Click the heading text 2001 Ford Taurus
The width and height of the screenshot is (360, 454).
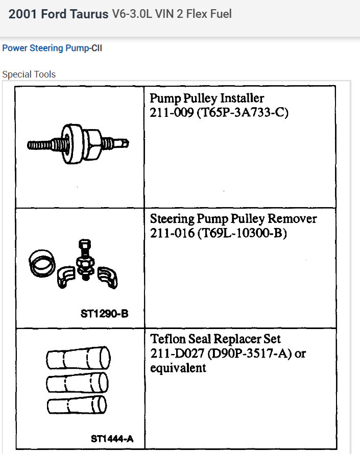(58, 14)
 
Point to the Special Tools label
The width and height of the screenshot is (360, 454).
(29, 74)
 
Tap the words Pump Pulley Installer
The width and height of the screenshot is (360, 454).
(207, 97)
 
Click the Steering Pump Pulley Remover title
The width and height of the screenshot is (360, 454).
(233, 219)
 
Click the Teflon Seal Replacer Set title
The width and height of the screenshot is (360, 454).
(215, 339)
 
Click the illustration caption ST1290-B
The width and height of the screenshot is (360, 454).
(104, 313)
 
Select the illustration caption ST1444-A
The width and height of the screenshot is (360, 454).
(112, 438)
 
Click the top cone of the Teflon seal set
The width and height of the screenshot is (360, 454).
(78, 357)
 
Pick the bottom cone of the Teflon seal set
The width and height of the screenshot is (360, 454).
(78, 406)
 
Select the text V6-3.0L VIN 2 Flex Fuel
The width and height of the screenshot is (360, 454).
(172, 14)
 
